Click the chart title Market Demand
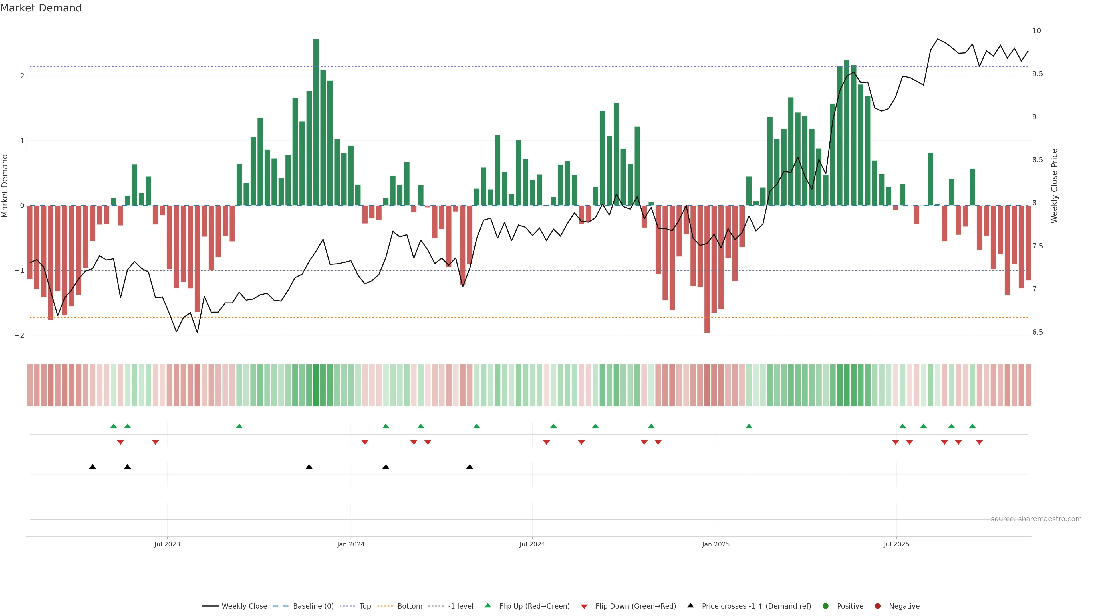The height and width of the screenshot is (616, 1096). click(41, 8)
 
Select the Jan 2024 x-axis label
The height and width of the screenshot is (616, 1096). click(350, 544)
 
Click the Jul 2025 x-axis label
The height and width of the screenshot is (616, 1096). click(896, 544)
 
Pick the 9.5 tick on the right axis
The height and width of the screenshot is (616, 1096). click(1037, 74)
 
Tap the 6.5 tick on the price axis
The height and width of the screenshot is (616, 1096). click(1037, 333)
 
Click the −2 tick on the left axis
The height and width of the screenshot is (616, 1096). click(20, 335)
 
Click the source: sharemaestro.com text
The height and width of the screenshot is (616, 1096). click(1036, 519)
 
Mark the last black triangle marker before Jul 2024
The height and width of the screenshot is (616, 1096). click(469, 467)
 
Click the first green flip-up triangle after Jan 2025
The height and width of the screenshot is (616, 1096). click(749, 426)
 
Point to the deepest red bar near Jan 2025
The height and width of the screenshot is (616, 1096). click(707, 269)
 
